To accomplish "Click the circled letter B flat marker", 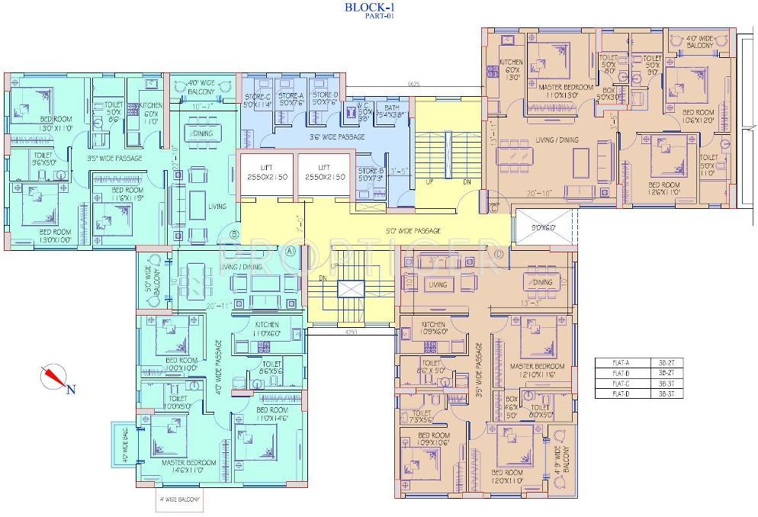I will [x=235, y=234].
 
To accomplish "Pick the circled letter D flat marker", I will [x=498, y=253].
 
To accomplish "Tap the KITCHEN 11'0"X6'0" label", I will [x=269, y=329].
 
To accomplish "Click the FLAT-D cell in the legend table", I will [x=619, y=394].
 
